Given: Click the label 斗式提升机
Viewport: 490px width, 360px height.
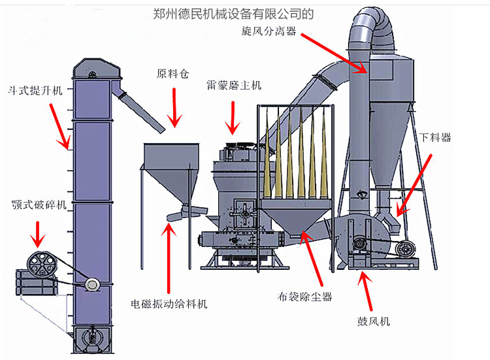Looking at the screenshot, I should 35,90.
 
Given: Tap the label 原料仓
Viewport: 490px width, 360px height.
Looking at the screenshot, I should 173,74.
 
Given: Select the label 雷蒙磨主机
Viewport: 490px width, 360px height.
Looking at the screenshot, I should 233,86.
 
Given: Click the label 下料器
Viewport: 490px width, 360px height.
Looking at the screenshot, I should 436,138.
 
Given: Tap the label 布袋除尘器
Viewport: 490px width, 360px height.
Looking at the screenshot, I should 305,297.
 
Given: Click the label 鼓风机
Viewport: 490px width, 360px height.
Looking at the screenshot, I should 373,320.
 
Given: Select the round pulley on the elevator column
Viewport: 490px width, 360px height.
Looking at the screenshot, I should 91,284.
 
